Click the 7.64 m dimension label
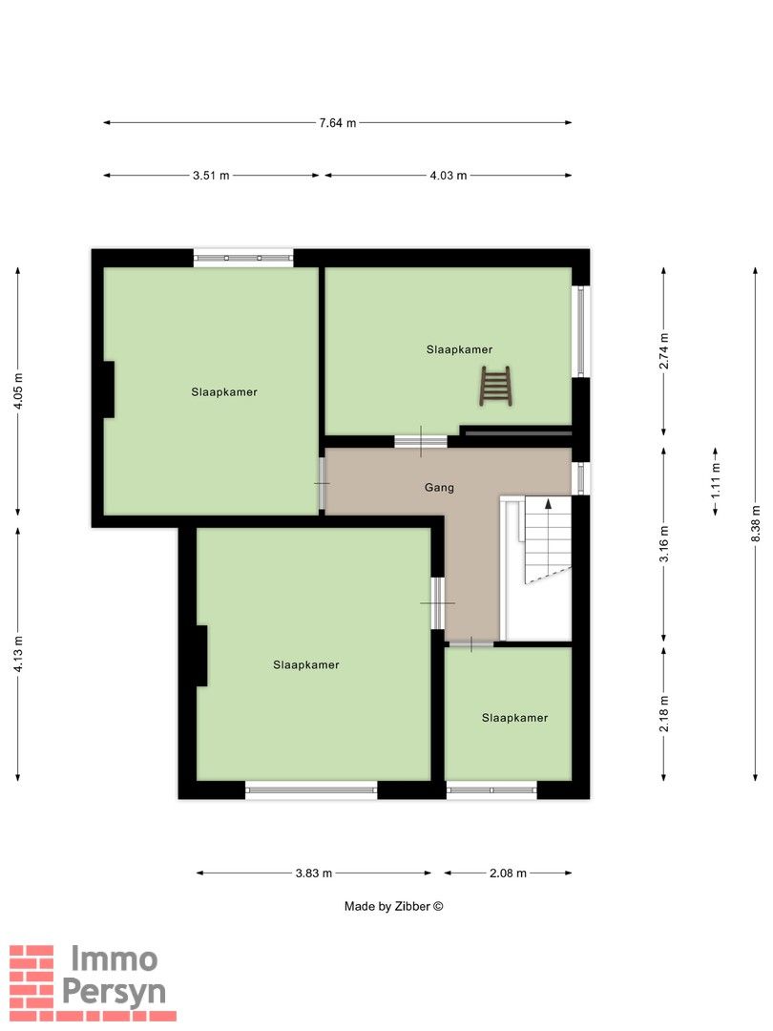coord(337,123)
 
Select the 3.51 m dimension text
coord(211,176)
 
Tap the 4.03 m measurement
coord(448,176)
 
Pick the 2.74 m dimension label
coord(664,350)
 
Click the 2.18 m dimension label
coord(664,714)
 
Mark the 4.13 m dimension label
coord(16,654)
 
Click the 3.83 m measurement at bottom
coord(313,873)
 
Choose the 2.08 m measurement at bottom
coord(508,873)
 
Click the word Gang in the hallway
coord(439,488)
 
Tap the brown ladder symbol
coord(495,386)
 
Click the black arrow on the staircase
coord(548,505)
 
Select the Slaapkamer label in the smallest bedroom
coord(514,718)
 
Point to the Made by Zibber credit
coord(394,907)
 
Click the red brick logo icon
coord(31,983)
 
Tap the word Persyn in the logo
coord(114,991)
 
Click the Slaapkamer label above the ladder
coord(459,350)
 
